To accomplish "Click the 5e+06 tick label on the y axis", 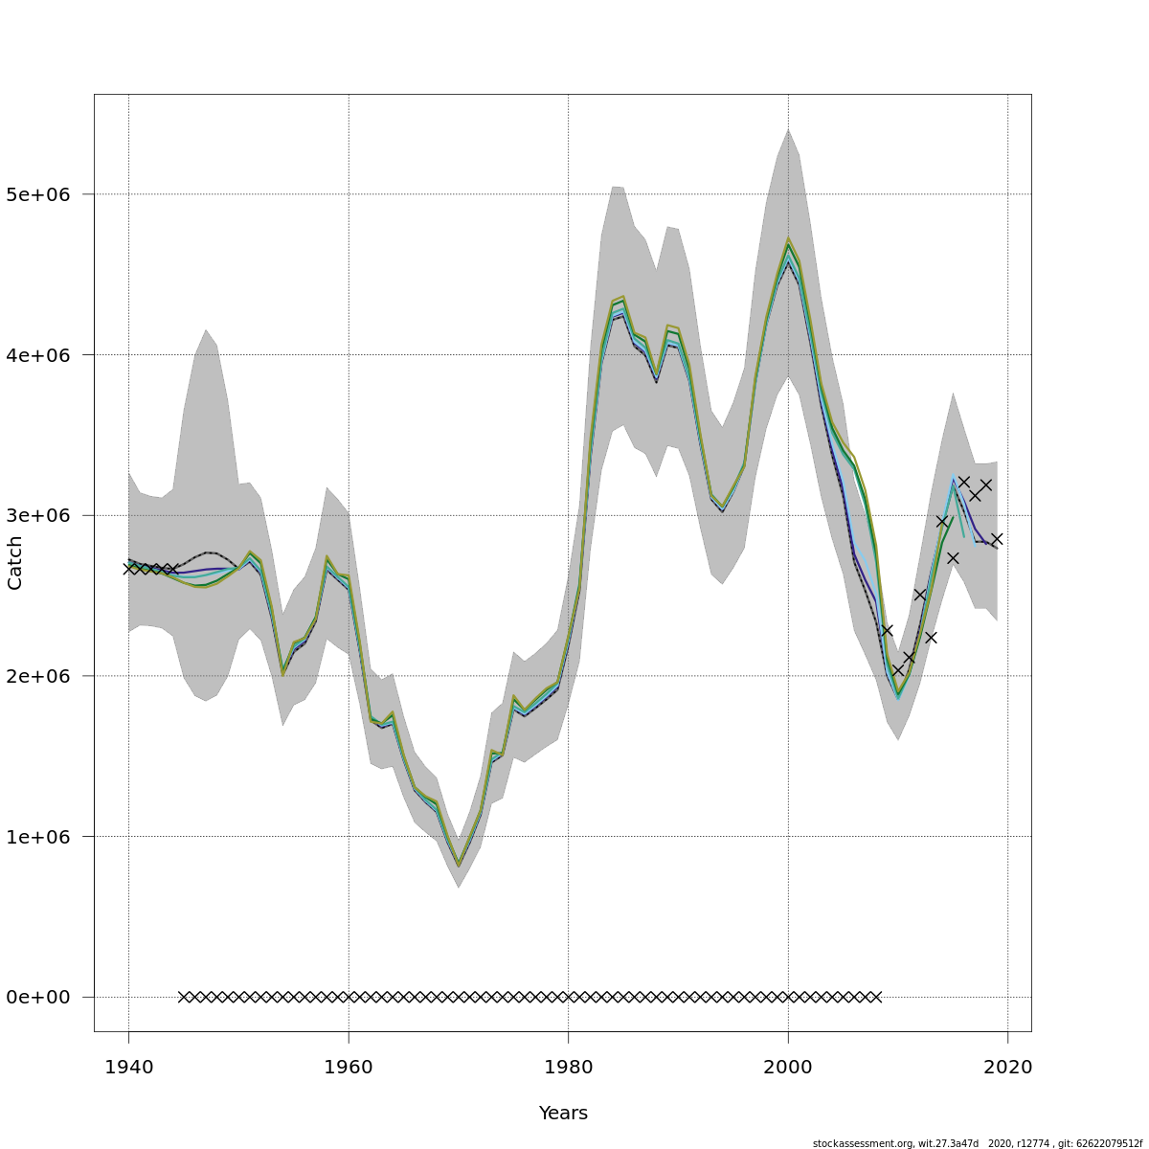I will point(44,194).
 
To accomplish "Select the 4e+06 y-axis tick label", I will point(44,355).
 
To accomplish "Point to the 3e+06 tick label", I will point(44,515).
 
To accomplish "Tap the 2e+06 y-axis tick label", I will point(44,676).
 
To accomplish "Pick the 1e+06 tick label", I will point(44,837).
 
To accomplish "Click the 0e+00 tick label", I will point(44,998).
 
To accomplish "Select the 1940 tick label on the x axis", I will point(128,1067).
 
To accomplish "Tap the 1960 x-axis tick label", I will point(349,1067).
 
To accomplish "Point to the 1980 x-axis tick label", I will point(568,1067).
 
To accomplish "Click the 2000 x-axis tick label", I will point(788,1067).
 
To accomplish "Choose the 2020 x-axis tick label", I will point(1007,1067).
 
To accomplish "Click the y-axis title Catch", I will point(15,563).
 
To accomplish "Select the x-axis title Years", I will point(563,1113).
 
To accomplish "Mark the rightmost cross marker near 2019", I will point(997,539).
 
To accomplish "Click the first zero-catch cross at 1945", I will point(184,997).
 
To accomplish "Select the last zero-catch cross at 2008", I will point(875,997).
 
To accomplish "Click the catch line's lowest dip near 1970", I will point(459,865).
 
